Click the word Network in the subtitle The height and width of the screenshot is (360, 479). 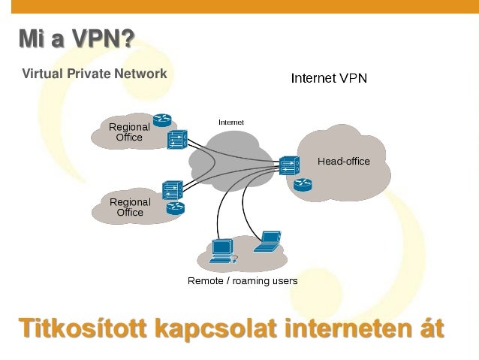coord(140,74)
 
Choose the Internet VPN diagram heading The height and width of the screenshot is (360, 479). coord(329,78)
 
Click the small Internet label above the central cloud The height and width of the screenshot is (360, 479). coord(230,122)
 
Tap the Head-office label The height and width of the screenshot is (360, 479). coord(344,161)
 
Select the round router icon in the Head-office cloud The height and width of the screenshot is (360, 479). coord(303,183)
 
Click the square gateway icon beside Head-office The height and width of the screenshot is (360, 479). coord(289,165)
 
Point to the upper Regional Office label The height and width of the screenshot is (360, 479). coord(129,132)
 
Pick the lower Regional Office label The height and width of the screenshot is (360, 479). coord(130,207)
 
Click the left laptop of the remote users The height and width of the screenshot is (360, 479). coord(221,251)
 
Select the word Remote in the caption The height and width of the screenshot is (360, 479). coord(204,281)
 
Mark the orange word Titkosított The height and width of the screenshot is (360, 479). coord(83,328)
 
